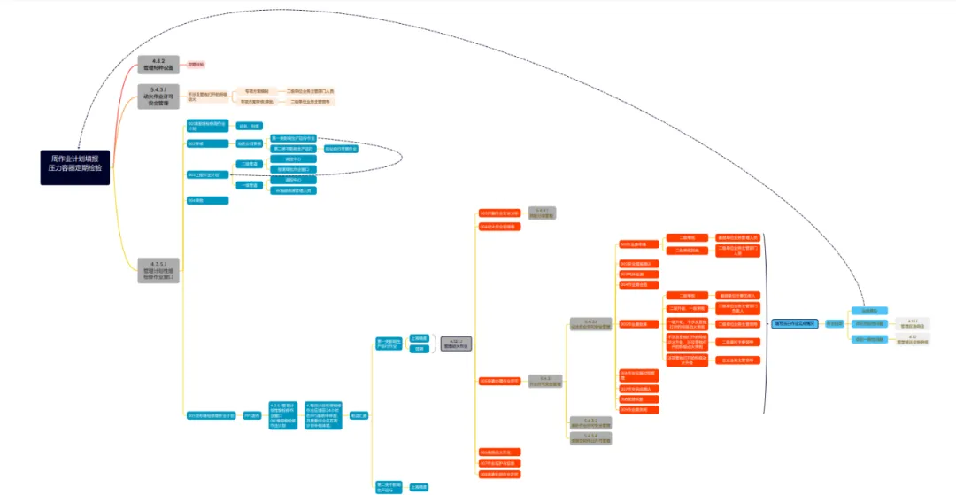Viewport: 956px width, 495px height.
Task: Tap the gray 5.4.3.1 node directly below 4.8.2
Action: pyautogui.click(x=158, y=96)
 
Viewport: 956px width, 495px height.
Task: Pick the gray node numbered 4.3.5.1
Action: pyautogui.click(x=158, y=270)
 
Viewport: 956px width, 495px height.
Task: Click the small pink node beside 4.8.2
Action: pyautogui.click(x=196, y=65)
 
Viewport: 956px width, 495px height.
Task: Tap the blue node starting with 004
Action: pyautogui.click(x=207, y=201)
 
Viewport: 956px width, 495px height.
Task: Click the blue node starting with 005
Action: pyautogui.click(x=211, y=415)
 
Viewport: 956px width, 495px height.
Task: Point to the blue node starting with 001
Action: pyautogui.click(x=207, y=125)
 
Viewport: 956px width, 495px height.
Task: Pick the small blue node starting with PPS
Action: pyautogui.click(x=252, y=415)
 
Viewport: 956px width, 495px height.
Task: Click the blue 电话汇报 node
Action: pyautogui.click(x=358, y=415)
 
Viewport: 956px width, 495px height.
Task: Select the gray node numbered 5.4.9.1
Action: pyautogui.click(x=542, y=213)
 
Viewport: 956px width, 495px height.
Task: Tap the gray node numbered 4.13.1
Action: pyautogui.click(x=913, y=323)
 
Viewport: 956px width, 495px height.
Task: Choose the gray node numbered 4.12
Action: pyautogui.click(x=913, y=339)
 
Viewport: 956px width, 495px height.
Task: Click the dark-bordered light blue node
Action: pyautogui.click(x=795, y=324)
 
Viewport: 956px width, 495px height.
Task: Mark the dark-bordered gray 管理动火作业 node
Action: pyautogui.click(x=456, y=344)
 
